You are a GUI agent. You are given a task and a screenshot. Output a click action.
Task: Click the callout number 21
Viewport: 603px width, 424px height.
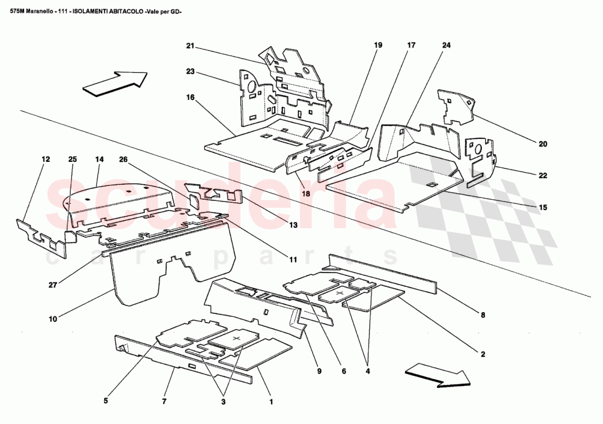190,46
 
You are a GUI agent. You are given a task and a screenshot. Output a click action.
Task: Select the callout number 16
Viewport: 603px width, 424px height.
190,97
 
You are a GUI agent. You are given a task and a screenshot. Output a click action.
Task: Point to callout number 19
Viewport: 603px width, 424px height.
378,46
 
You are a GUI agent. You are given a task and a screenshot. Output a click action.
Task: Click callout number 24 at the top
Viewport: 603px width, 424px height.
446,46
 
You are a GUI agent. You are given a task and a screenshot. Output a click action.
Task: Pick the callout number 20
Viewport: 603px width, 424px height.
542,144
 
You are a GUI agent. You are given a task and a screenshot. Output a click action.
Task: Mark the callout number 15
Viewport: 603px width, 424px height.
542,207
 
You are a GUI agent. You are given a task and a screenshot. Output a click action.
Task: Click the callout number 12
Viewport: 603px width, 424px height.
45,160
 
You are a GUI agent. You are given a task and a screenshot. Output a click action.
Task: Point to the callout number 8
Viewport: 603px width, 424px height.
482,315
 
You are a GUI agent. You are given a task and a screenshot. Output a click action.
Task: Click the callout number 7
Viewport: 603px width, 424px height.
164,402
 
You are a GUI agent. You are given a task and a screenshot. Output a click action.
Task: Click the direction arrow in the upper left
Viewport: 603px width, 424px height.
115,84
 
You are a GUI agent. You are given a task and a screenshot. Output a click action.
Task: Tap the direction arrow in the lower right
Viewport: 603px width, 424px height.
437,376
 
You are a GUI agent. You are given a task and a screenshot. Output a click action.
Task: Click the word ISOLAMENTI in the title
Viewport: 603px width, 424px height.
94,10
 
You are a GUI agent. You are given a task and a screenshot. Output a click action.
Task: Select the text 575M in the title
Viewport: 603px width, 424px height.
12,10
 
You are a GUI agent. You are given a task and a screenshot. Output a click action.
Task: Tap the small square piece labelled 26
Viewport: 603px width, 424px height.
195,199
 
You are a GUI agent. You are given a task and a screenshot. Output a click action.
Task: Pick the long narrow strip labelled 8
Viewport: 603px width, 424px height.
384,272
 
